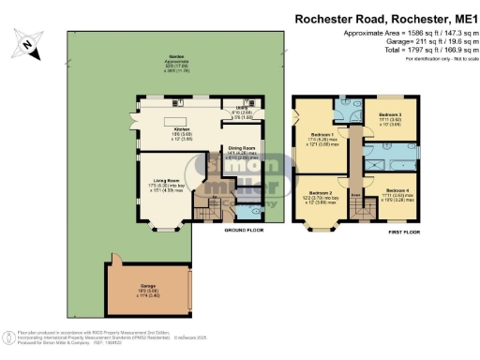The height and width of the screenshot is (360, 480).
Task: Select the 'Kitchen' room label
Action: [182, 129]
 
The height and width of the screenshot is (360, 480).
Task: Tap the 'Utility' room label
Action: [242, 108]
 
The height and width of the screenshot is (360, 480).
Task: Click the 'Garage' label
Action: [149, 286]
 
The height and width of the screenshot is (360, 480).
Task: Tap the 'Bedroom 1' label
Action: [321, 135]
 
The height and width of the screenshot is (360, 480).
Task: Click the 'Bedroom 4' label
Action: [398, 190]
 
